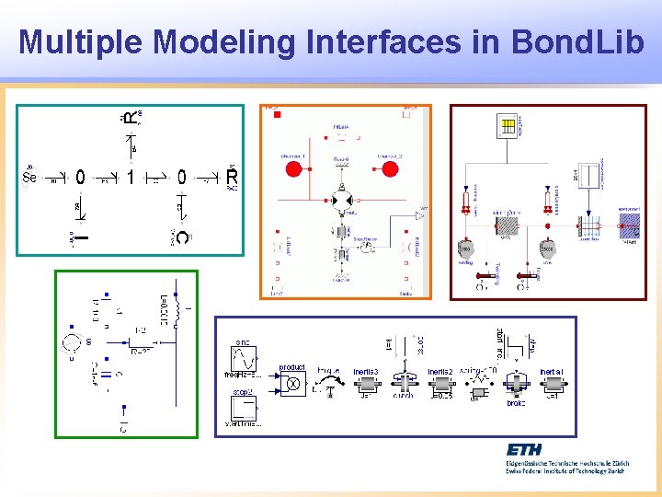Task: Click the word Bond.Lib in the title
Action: tap(566, 41)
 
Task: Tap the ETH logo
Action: tap(524, 449)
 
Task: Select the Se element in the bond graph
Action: tap(29, 177)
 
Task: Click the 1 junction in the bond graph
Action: tap(131, 177)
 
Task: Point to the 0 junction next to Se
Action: tap(80, 177)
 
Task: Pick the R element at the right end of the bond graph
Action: tap(231, 176)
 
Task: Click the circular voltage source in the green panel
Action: tap(71, 344)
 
